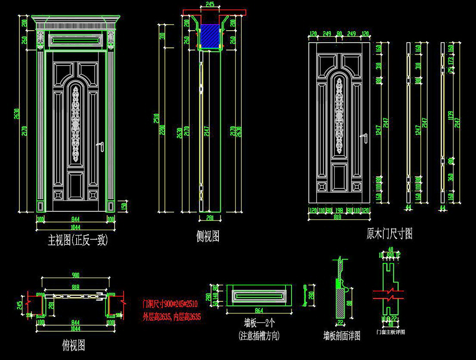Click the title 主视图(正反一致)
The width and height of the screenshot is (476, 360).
click(x=78, y=240)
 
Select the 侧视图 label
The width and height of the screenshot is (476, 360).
click(x=208, y=236)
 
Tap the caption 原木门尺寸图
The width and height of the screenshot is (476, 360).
click(x=389, y=234)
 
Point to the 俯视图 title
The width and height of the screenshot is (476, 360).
click(x=74, y=345)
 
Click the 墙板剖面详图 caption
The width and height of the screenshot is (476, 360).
click(x=342, y=335)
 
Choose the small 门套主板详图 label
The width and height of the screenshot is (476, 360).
click(x=391, y=332)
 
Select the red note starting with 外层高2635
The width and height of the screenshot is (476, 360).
click(x=171, y=317)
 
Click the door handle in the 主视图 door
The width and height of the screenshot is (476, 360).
click(x=102, y=147)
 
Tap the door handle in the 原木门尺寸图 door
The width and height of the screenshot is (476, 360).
click(x=365, y=138)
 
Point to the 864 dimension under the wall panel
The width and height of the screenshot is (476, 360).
click(x=258, y=310)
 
